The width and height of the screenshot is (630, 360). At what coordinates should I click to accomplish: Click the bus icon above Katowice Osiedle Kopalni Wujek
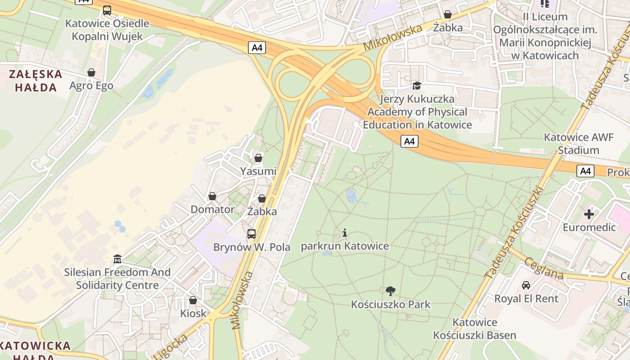pos(107,10)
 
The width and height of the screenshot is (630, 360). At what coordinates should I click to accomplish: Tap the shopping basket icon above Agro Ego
pos(91,72)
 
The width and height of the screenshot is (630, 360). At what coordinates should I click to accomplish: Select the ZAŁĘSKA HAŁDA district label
pos(35,81)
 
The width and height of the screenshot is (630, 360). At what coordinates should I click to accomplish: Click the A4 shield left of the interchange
pos(256,48)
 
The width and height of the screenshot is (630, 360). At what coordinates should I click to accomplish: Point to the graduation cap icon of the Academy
pos(417,85)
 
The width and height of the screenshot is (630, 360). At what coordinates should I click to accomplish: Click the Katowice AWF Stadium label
pos(578,144)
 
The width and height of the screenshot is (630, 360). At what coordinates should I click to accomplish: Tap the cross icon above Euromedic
pos(589,214)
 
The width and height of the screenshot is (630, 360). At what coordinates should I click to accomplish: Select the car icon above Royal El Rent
pos(526,285)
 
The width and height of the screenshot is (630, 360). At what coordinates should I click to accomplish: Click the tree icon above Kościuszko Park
pos(391,291)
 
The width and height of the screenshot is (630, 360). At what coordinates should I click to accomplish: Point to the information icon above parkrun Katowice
pos(345,233)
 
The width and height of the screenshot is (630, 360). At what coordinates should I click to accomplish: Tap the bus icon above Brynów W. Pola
pos(252,234)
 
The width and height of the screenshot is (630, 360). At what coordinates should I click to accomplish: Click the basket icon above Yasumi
pos(258,158)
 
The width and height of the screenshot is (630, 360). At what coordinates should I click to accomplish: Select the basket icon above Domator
pos(212,196)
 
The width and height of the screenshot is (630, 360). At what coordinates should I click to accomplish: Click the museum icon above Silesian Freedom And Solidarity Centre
pos(117,259)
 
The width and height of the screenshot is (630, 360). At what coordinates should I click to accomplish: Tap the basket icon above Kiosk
pos(193,300)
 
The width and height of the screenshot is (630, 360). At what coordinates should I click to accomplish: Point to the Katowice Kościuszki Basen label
pos(475,328)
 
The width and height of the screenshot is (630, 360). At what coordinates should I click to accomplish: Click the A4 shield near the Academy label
pos(409,142)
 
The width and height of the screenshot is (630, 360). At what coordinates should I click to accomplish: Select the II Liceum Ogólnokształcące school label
pos(545,36)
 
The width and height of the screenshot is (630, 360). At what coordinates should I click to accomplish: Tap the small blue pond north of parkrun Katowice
pos(351,196)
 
